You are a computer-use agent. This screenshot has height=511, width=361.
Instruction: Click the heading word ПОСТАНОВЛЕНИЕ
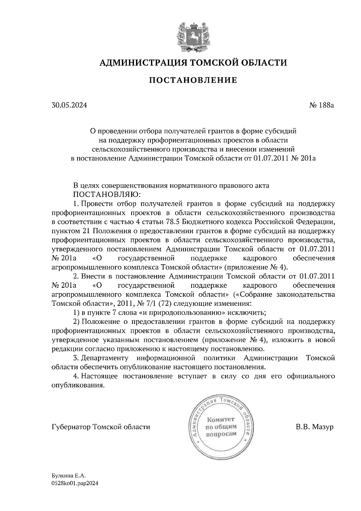pos(193,80)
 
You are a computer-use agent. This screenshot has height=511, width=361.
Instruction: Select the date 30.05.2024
pos(69,105)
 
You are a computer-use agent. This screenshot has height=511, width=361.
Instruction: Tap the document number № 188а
pos(322,105)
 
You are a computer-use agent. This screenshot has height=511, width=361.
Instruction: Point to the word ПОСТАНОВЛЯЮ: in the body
pos(104,194)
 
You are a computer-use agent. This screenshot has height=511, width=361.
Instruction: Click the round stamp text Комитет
pos(221,420)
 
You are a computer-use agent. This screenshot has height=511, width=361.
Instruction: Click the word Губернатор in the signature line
pos(71,427)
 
